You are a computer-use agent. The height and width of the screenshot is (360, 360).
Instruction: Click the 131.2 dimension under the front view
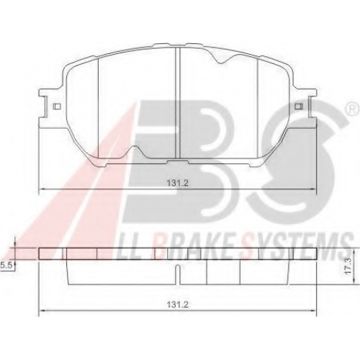tap(178, 184)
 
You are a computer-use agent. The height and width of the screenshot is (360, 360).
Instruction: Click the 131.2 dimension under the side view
tap(178, 305)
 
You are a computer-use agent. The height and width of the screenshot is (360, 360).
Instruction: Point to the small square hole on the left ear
tap(57, 106)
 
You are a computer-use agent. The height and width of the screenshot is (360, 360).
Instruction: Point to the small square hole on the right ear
tap(299, 106)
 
